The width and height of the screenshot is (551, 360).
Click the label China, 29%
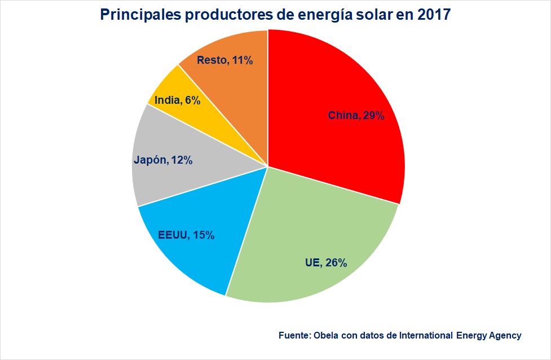click(x=356, y=116)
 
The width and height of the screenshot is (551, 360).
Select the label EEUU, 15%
click(x=186, y=235)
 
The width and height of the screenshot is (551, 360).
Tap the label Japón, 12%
click(x=164, y=160)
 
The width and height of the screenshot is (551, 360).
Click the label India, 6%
click(x=177, y=100)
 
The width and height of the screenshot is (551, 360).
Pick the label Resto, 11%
click(x=224, y=60)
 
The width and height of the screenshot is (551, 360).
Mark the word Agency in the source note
click(x=503, y=335)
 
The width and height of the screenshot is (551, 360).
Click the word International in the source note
click(x=426, y=335)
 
